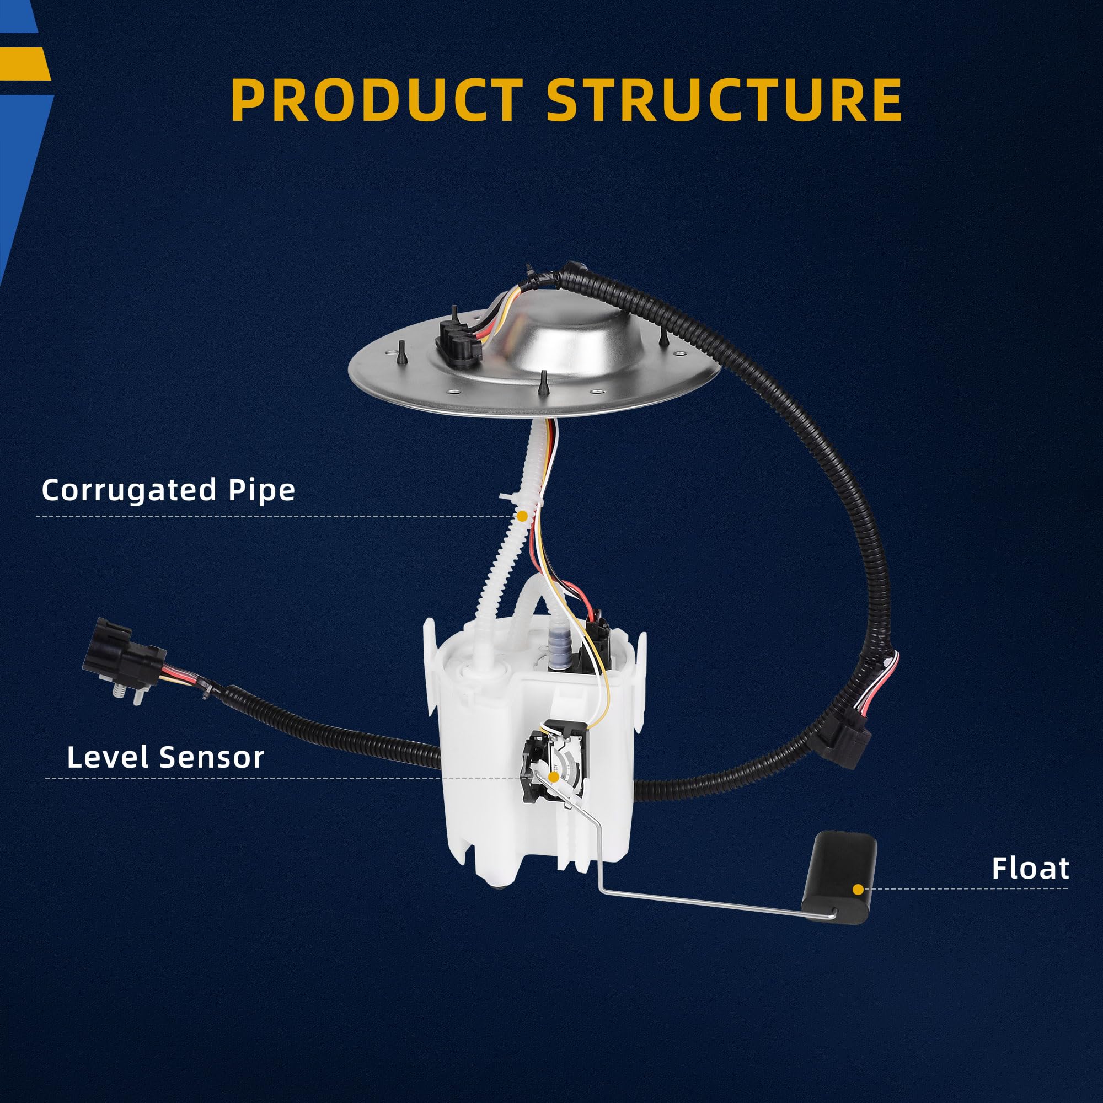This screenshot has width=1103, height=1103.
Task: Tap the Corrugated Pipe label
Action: click(168, 490)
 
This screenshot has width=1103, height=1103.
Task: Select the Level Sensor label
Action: click(165, 757)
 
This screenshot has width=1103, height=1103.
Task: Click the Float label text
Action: click(1030, 869)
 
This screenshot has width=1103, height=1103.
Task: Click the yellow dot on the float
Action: click(858, 890)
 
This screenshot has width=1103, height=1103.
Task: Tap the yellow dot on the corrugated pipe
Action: click(522, 516)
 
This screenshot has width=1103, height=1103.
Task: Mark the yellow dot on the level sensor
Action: click(553, 777)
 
